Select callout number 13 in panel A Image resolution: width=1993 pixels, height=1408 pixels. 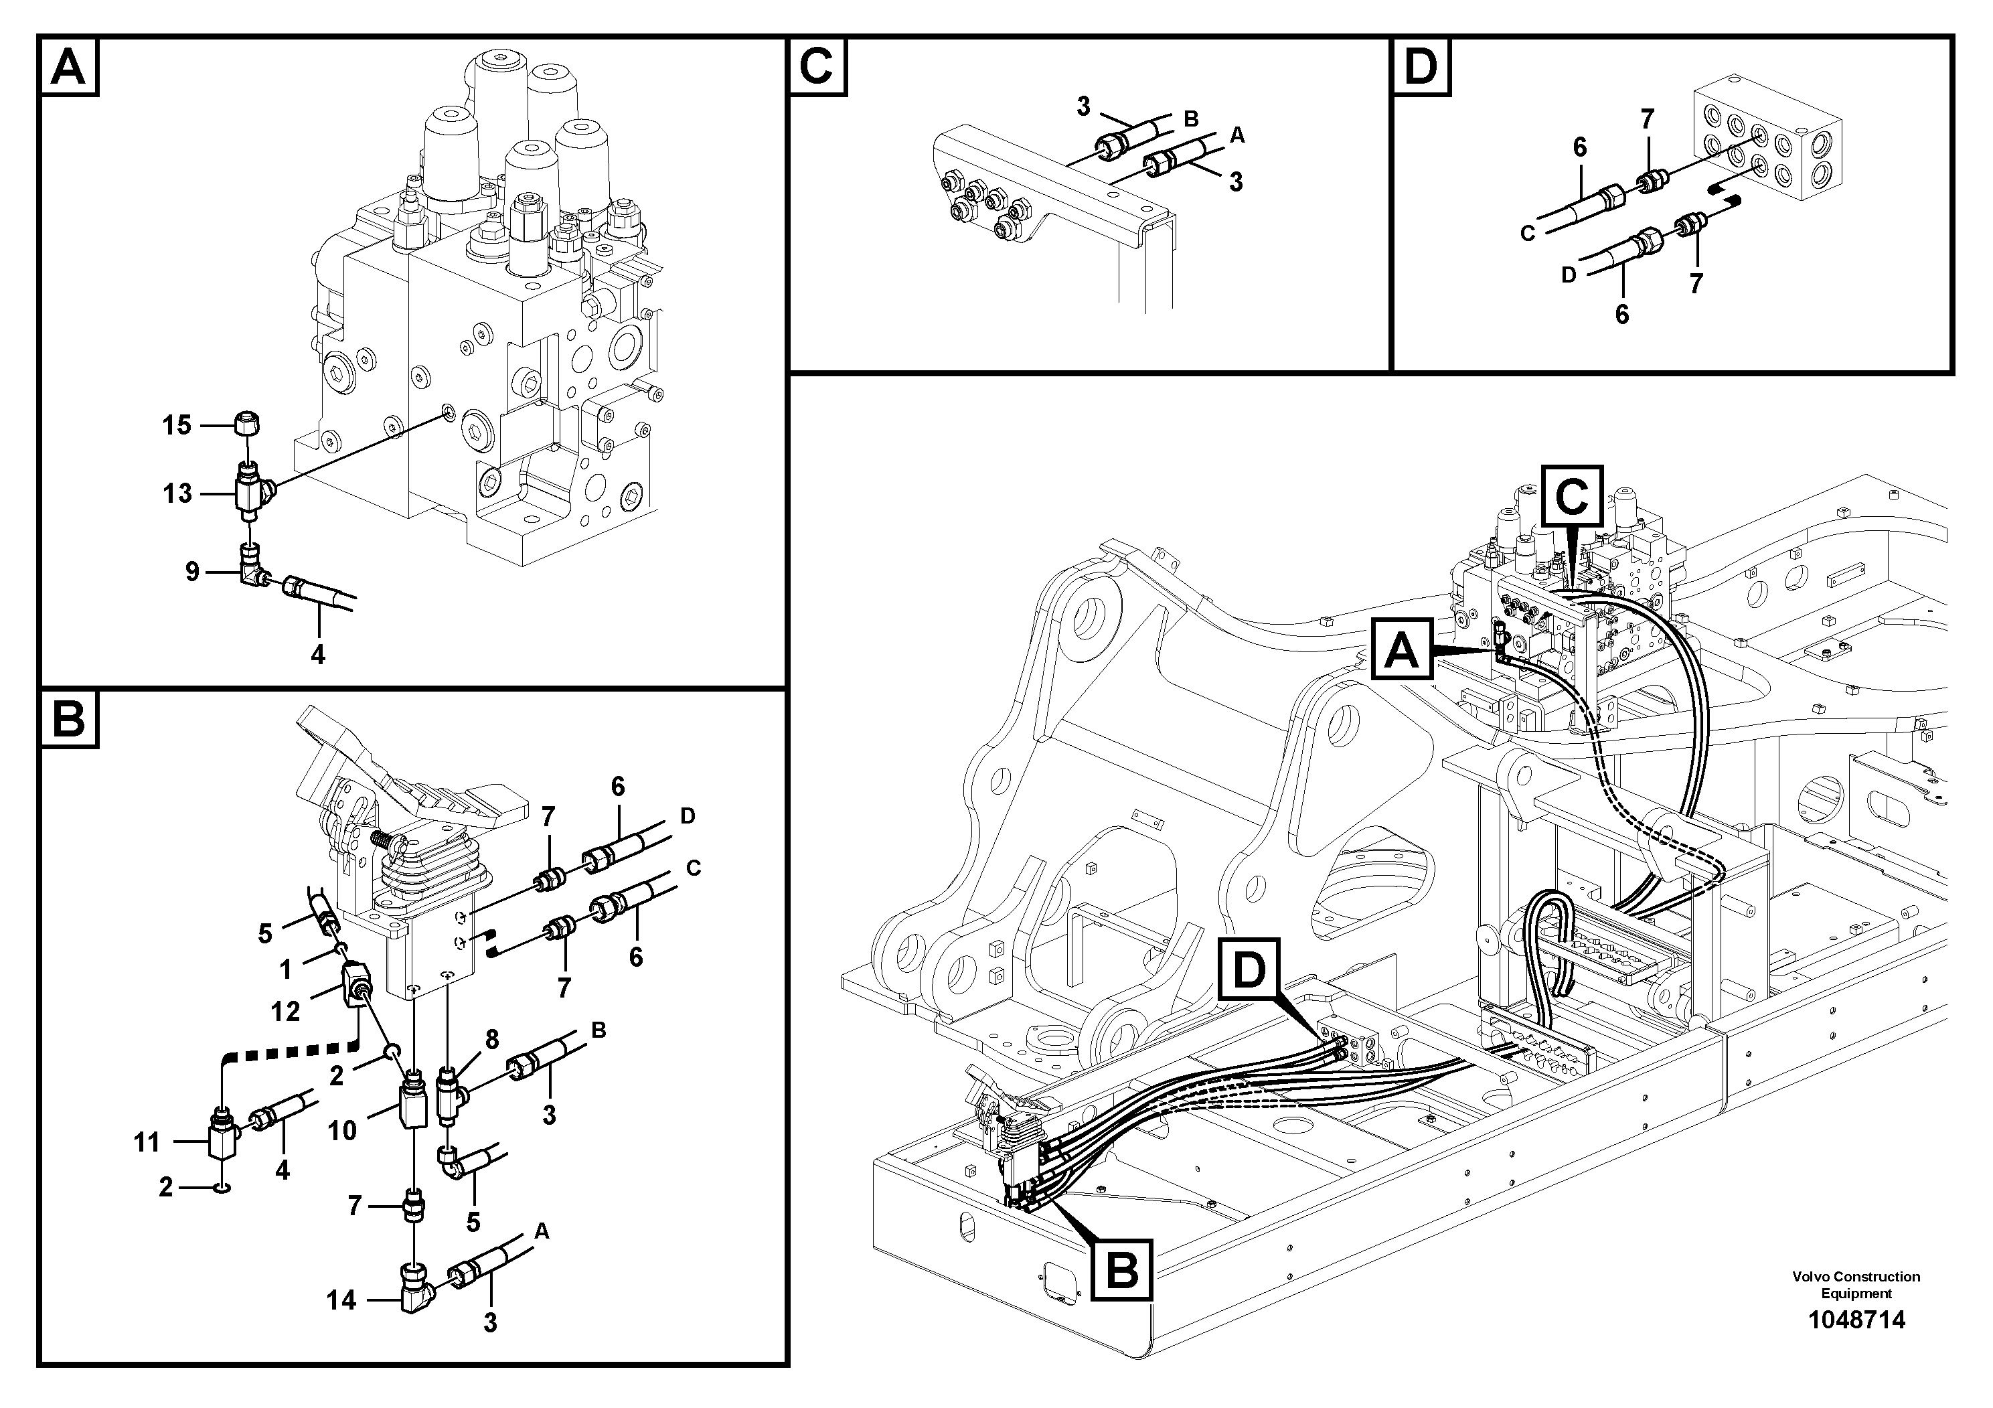point(177,494)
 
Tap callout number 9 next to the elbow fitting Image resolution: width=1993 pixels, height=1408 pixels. point(192,571)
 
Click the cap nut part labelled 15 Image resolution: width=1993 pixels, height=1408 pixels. point(248,424)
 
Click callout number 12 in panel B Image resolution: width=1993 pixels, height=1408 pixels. point(286,1010)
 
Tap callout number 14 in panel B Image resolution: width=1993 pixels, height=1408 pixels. point(341,1300)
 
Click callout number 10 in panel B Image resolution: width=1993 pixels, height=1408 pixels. point(342,1130)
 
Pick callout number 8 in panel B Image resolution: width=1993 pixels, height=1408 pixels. point(491,1039)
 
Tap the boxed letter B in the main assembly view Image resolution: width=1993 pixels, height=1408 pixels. point(1123,1270)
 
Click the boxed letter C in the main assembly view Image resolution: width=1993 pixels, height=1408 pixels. point(1572,497)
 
